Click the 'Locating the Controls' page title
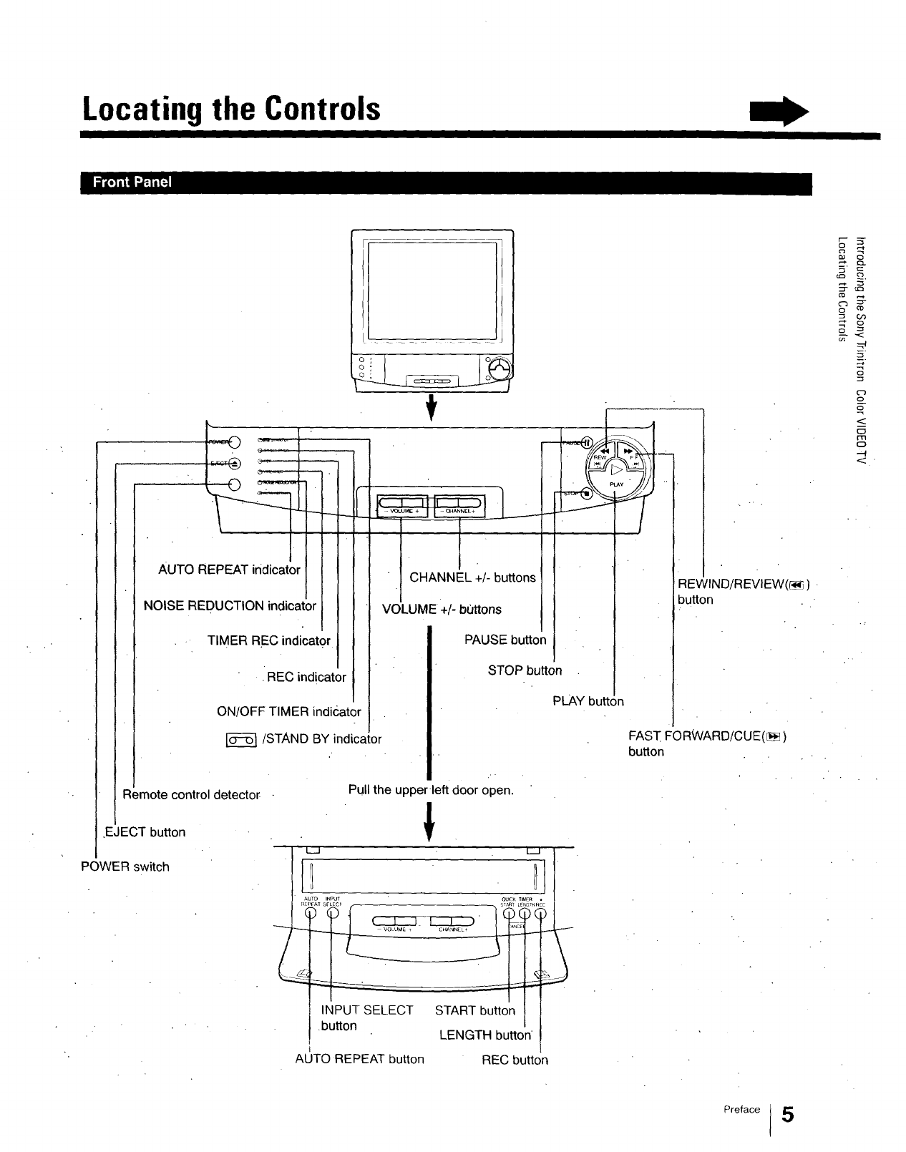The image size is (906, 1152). (x=231, y=109)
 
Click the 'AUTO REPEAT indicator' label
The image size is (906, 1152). (x=229, y=570)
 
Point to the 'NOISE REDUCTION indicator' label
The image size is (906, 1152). (x=230, y=606)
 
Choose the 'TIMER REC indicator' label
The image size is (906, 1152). (x=268, y=641)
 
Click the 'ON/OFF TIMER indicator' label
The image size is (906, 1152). (x=288, y=712)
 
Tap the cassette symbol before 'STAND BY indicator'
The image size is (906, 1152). (x=241, y=740)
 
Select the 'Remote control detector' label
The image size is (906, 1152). (x=191, y=795)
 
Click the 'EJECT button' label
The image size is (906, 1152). (x=145, y=832)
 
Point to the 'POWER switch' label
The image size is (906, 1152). (x=125, y=867)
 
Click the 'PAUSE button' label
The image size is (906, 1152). (x=505, y=640)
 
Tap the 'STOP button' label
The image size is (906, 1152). (x=525, y=670)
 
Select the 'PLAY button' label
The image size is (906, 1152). (x=588, y=701)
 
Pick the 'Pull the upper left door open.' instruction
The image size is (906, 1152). (x=431, y=790)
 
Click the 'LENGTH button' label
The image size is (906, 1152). (x=484, y=1035)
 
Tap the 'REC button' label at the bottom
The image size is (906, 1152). (x=515, y=1060)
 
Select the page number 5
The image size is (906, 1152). (x=787, y=1115)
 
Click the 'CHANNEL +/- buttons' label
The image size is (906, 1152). (x=472, y=577)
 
